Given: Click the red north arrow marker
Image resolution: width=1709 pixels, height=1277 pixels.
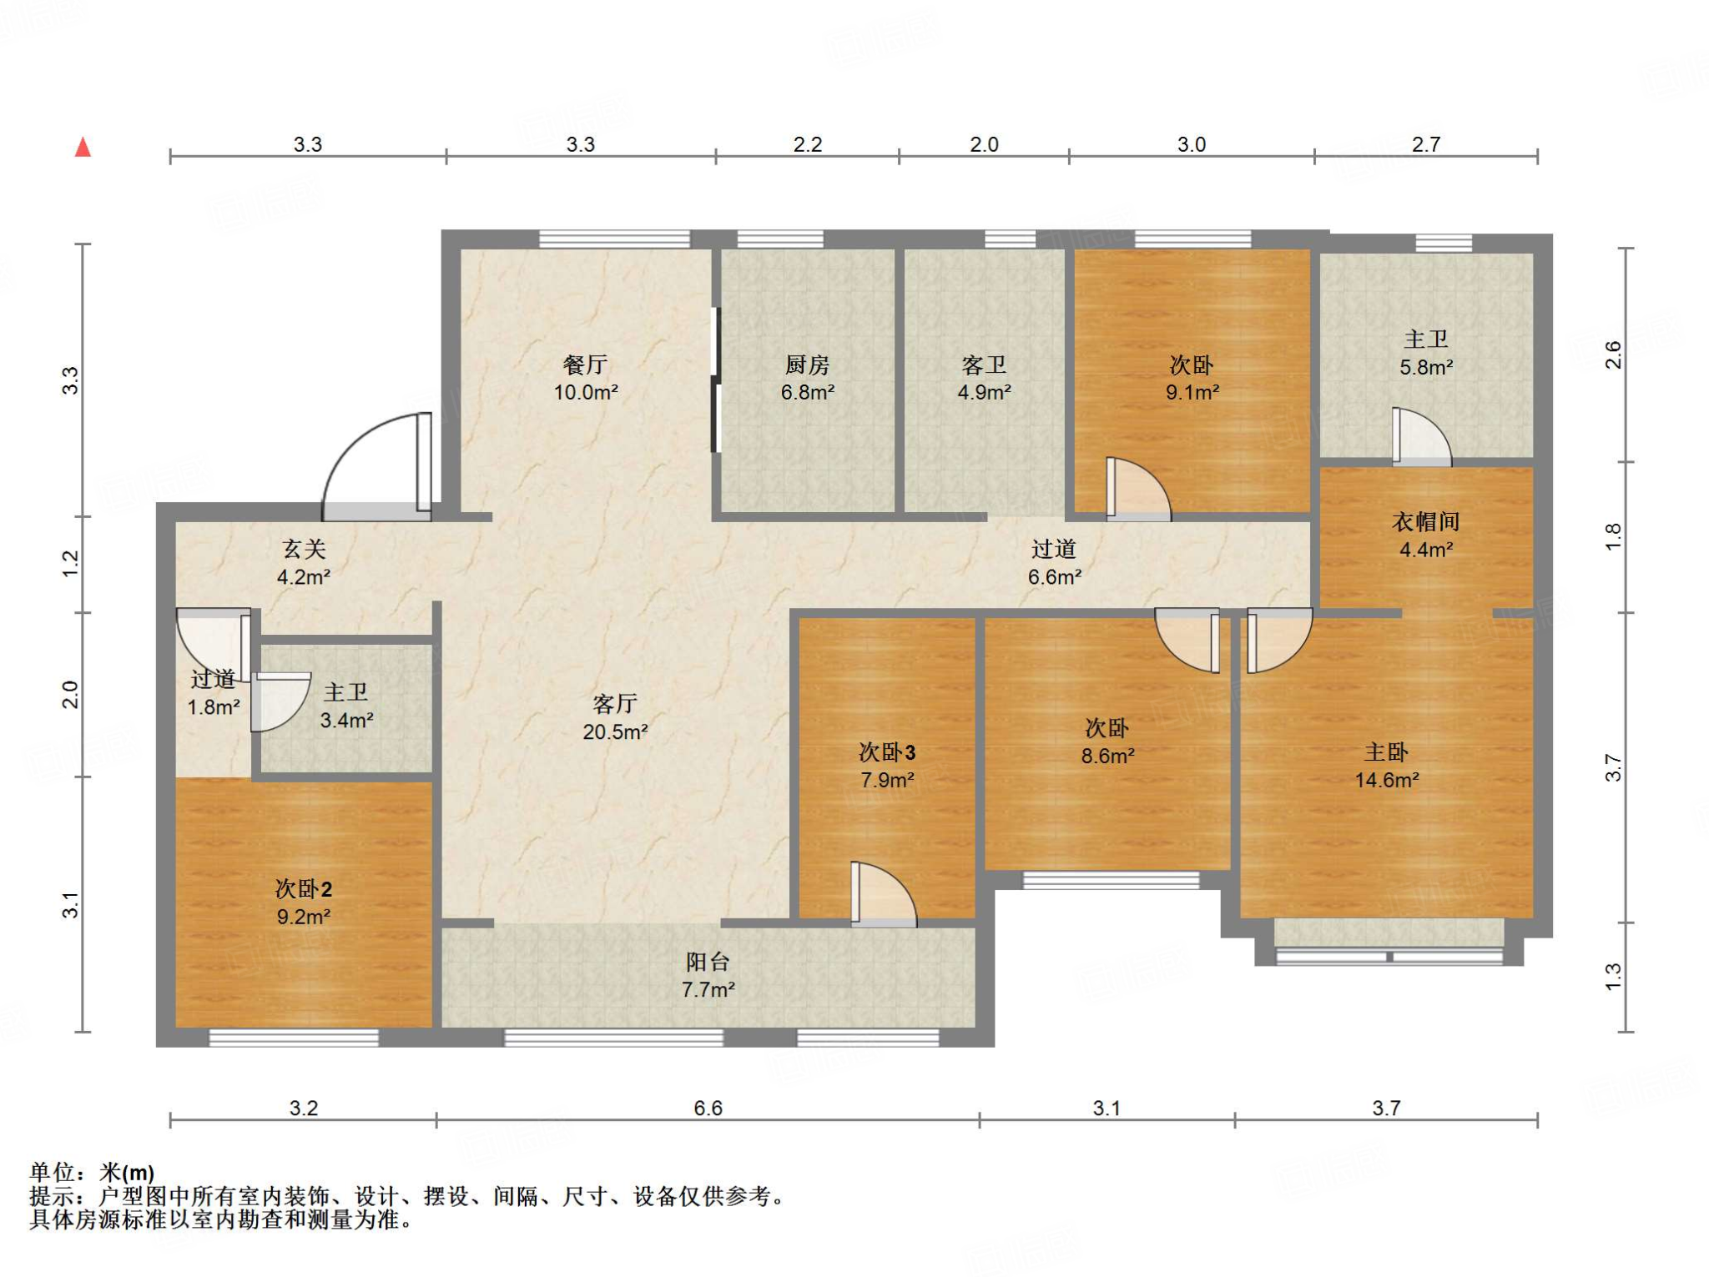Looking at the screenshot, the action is click(x=83, y=148).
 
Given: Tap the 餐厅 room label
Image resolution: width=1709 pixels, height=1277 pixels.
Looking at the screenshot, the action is click(x=585, y=364).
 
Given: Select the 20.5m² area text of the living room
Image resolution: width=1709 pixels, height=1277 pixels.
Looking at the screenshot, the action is click(x=615, y=732).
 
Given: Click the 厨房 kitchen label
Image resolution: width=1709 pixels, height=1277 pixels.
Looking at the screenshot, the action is click(x=807, y=364).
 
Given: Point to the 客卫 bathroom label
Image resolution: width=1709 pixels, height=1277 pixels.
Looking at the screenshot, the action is click(x=984, y=364).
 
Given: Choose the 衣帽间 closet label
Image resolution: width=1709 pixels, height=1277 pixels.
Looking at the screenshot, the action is click(x=1426, y=522).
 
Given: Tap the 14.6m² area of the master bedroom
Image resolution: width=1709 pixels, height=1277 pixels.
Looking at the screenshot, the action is click(x=1387, y=780).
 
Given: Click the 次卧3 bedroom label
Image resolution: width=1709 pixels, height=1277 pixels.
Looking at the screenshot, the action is click(x=887, y=752).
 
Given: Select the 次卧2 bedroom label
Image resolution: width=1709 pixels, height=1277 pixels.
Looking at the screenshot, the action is click(x=304, y=889).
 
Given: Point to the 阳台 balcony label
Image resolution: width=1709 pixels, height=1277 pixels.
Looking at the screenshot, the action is click(x=708, y=962).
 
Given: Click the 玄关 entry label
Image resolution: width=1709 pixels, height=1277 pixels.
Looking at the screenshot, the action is click(x=303, y=549).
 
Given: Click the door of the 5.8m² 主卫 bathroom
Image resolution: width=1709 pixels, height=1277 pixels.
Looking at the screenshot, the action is click(x=1422, y=436).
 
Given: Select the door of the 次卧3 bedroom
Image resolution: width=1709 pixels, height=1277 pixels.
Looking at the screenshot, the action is click(x=883, y=894).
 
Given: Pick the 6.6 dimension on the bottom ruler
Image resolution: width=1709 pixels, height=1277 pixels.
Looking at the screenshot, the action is click(x=708, y=1108).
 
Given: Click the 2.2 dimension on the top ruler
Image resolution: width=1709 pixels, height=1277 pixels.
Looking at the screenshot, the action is click(x=807, y=144).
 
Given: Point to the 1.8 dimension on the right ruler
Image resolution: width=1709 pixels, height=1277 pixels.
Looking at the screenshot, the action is click(x=1613, y=536).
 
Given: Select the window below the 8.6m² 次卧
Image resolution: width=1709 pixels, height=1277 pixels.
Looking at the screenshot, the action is click(x=1111, y=880).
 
